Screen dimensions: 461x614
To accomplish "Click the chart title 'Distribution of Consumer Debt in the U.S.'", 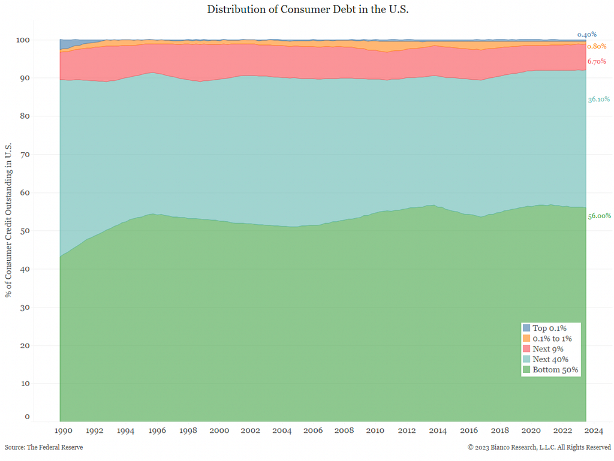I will [308, 9].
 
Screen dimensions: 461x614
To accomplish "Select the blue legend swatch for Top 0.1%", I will [526, 328].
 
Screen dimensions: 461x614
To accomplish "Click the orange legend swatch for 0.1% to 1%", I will [526, 338].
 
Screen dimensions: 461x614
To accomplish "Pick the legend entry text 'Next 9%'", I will [548, 349].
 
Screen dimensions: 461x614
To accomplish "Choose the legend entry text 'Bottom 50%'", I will [555, 370].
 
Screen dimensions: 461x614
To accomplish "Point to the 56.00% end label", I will [599, 216].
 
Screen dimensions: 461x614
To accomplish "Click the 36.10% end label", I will [599, 100].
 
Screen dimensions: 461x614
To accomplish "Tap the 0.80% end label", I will [597, 46].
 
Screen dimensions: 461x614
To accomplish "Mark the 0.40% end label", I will [587, 35].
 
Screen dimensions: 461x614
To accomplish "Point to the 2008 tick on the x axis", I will [344, 430].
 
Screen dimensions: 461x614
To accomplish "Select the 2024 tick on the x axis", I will [594, 430].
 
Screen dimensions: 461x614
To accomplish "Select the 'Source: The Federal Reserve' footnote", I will [44, 447].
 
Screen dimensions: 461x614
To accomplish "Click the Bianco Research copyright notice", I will [540, 447].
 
